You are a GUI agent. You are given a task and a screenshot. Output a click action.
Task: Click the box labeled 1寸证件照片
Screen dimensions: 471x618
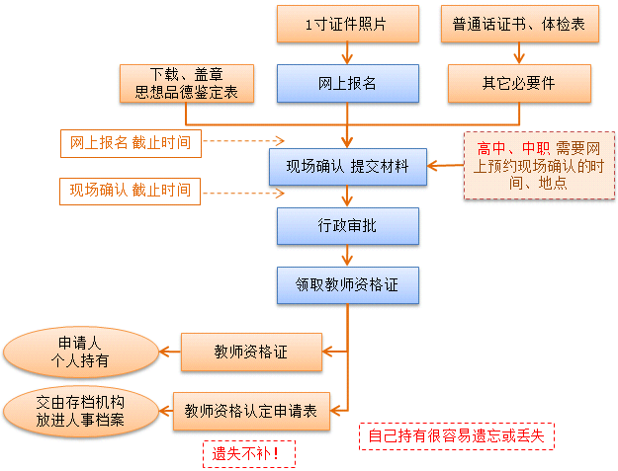(347, 25)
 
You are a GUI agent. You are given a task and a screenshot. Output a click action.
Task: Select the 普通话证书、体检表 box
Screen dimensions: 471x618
(519, 25)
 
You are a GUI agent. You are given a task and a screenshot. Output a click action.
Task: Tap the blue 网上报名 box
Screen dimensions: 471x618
(347, 83)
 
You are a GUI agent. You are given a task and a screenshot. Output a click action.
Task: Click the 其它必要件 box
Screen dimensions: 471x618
(519, 83)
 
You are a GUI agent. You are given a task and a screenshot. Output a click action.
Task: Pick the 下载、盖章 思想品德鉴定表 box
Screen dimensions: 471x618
(186, 84)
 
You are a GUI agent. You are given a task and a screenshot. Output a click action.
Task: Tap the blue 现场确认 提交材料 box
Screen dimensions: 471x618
(347, 167)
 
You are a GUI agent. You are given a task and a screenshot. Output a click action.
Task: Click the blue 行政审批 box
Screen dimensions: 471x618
(347, 226)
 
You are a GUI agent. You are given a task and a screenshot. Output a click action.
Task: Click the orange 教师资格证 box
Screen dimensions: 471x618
(251, 352)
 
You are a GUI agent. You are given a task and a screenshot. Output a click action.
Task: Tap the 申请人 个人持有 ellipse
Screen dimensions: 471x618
(82, 353)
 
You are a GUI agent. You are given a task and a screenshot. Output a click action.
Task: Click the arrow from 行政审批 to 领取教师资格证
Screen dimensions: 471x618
(347, 256)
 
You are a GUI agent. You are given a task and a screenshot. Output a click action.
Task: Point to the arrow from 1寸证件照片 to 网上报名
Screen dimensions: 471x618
(347, 53)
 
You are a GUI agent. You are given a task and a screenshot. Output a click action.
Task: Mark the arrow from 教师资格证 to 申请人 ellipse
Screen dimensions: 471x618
(169, 353)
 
